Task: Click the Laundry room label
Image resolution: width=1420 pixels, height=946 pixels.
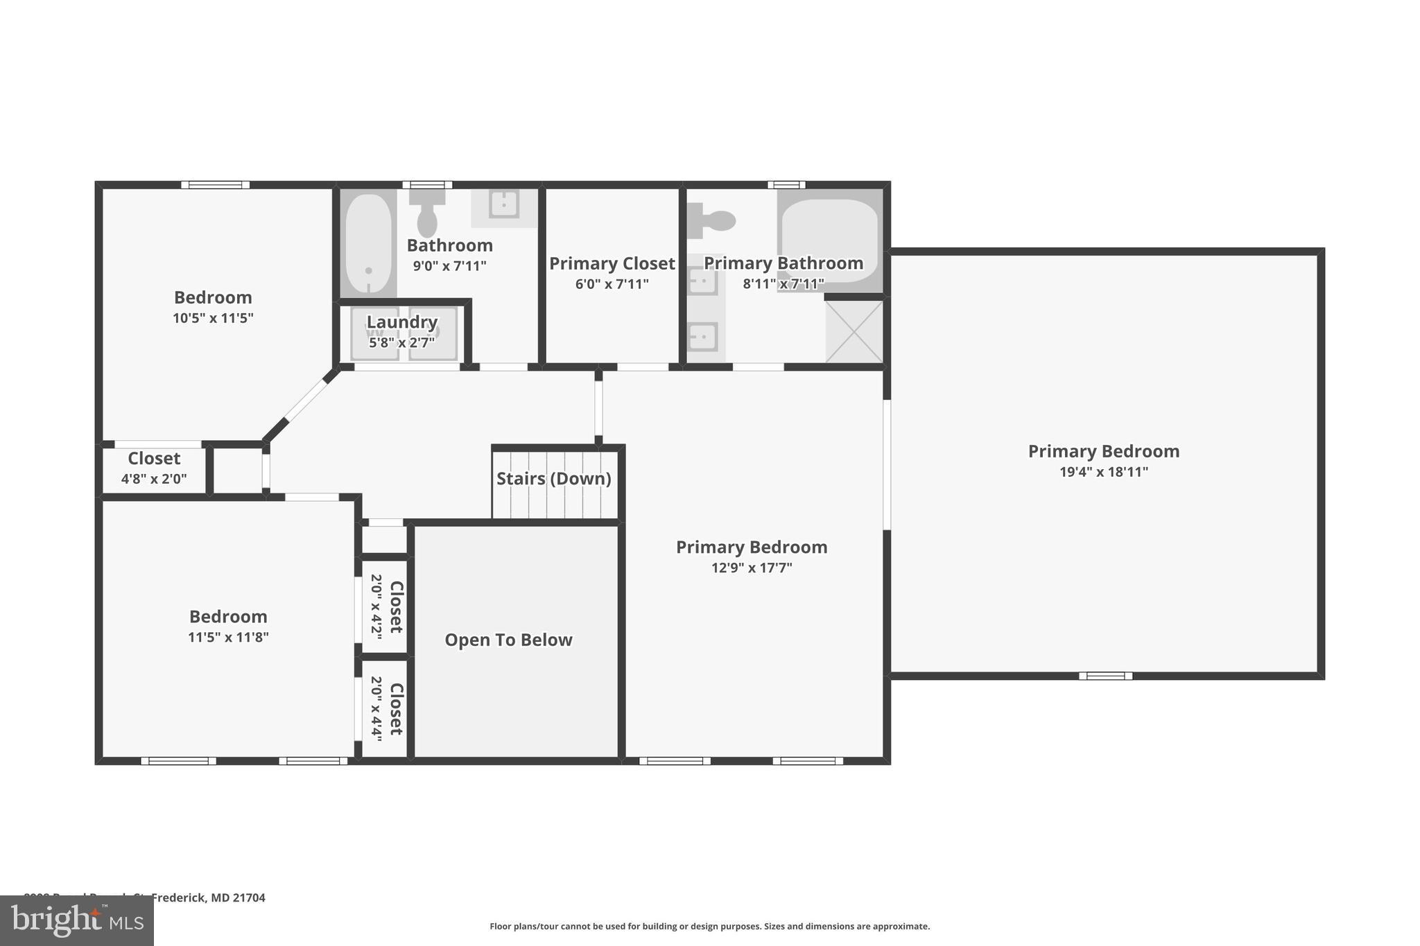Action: pos(401,322)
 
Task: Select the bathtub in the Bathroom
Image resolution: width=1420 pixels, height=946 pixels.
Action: pos(368,244)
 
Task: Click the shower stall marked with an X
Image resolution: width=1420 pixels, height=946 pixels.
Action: pos(854,331)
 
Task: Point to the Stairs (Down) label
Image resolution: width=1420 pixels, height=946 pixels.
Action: pos(553,479)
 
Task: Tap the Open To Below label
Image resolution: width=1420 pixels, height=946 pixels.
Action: pos(508,640)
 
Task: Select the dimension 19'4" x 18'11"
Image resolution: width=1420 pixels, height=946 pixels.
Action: pos(1104,472)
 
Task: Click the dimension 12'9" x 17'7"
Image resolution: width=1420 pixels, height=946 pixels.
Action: pos(752,568)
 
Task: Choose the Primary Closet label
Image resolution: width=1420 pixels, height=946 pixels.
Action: pos(612,263)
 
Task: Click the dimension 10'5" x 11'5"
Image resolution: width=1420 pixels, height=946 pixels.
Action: pos(213,318)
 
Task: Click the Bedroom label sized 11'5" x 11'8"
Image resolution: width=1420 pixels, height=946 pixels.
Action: pos(228,617)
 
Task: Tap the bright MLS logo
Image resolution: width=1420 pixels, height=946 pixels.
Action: pos(76,920)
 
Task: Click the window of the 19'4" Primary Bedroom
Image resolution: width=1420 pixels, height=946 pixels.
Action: pos(1105,676)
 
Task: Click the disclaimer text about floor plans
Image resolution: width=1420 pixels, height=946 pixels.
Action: pos(709,926)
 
